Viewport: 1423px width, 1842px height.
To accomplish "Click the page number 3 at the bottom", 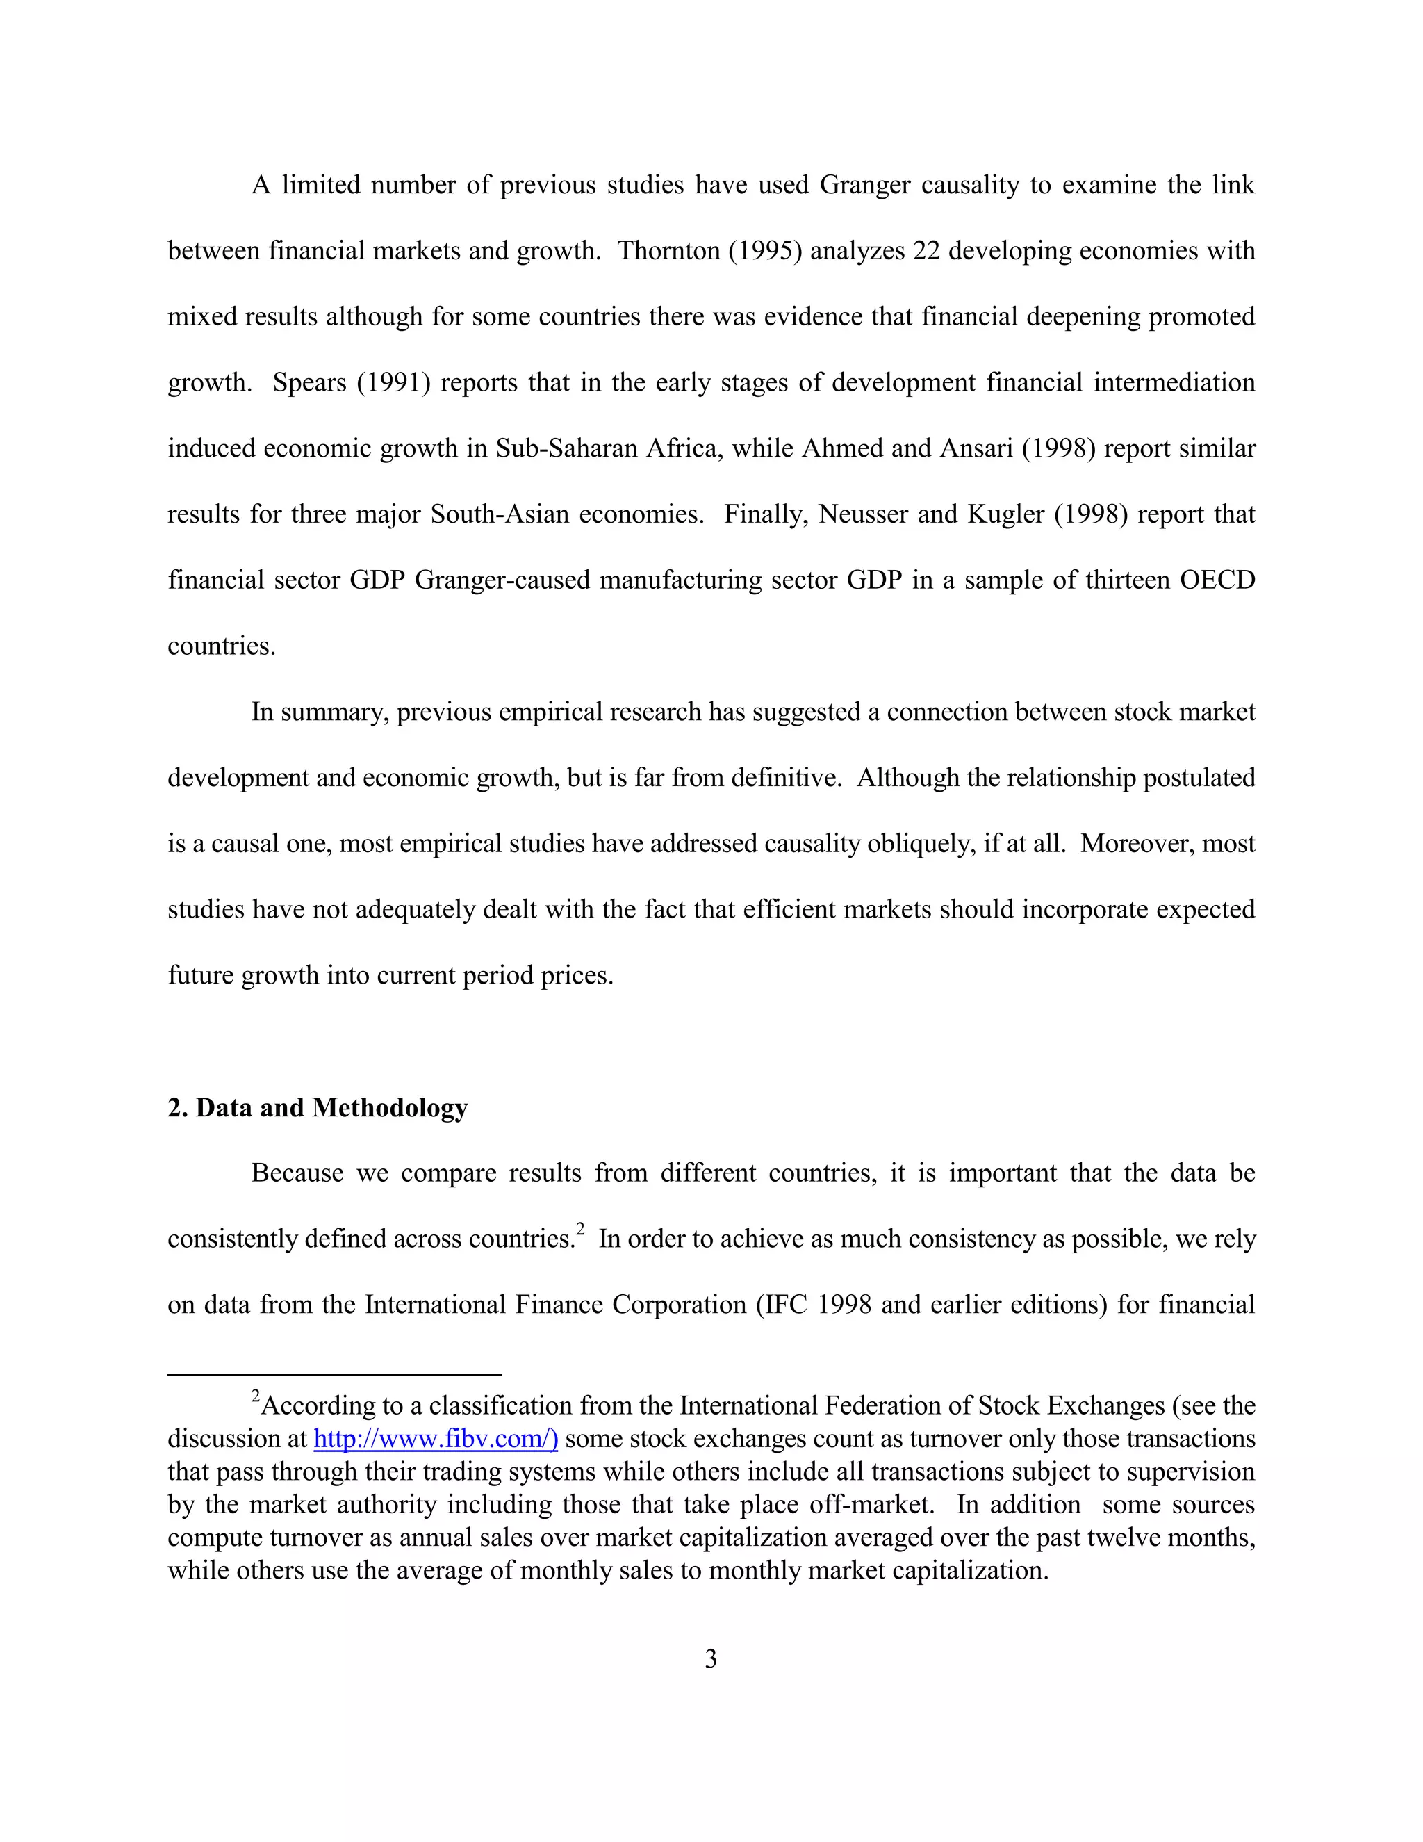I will click(711, 1659).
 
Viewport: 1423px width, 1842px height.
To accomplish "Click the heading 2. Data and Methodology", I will click(317, 1107).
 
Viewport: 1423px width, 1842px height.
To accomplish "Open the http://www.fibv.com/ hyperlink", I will click(435, 1438).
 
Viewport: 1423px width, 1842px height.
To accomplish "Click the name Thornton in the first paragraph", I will click(668, 250).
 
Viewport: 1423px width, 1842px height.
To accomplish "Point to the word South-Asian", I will click(500, 514).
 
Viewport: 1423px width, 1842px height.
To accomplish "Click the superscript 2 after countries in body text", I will click(580, 1230).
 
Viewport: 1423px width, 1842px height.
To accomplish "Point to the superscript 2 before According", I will click(256, 1396).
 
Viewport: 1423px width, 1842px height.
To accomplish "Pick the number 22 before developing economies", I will click(926, 250).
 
